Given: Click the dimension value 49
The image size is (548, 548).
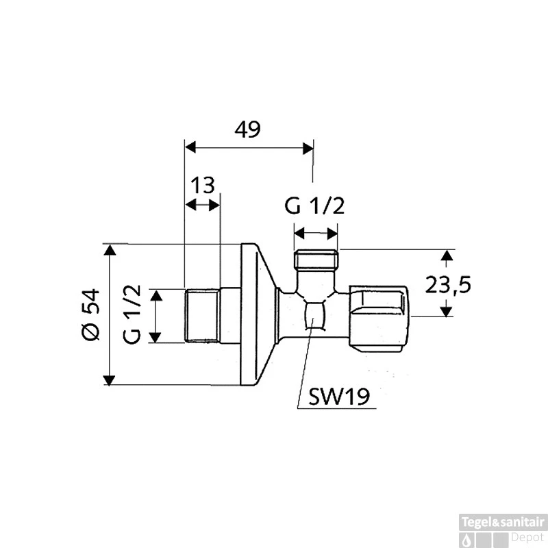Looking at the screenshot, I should pos(247,130).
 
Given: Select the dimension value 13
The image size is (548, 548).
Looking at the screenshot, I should pos(203,185).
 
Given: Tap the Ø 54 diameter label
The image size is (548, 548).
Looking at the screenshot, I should pos(90,314).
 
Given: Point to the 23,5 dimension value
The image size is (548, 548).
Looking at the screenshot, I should pos(448,284).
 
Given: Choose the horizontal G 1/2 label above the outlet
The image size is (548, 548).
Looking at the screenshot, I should pos(315,206).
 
